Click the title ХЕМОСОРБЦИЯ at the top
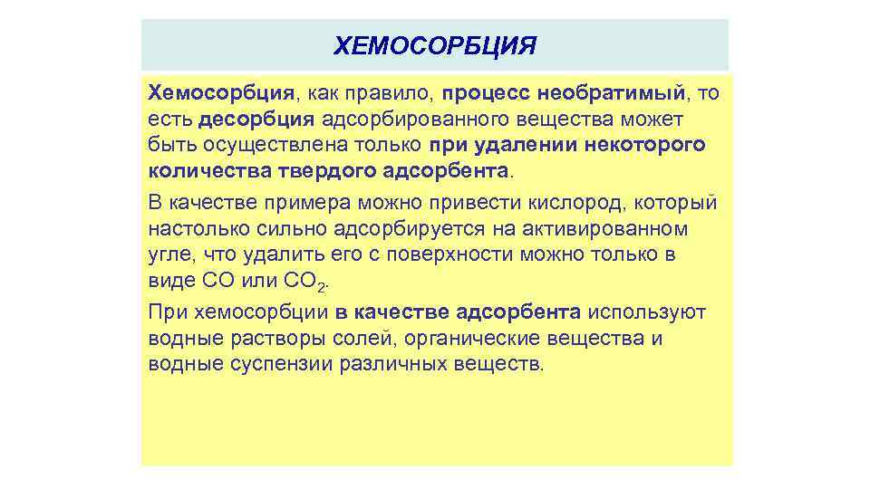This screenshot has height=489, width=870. pyautogui.click(x=435, y=45)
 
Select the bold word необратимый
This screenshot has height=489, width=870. pyautogui.click(x=612, y=92)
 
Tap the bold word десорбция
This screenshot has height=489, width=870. pyautogui.click(x=256, y=119)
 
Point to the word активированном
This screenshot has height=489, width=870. pyautogui.click(x=614, y=228)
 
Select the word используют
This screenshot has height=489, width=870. pyautogui.click(x=645, y=312)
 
